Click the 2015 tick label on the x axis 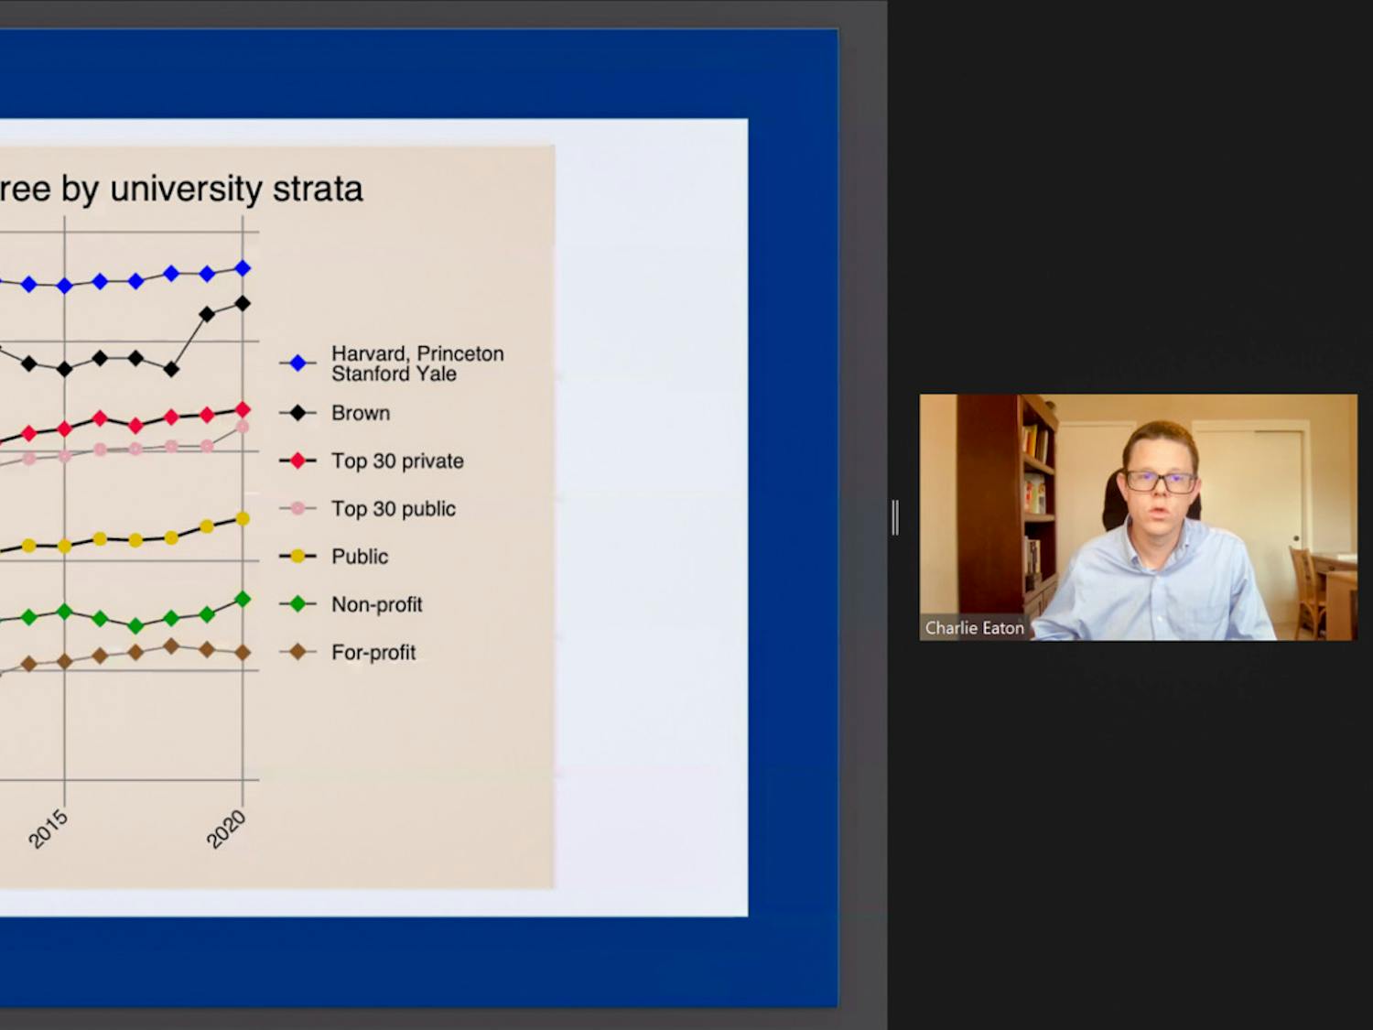click(49, 829)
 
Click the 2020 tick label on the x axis click(226, 829)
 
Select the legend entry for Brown click(361, 413)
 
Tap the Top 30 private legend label click(397, 461)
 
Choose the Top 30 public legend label click(394, 508)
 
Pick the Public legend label click(360, 556)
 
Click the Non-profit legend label click(376, 604)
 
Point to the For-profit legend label click(373, 652)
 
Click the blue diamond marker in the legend click(298, 363)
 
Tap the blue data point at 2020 click(243, 268)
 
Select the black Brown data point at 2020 click(243, 304)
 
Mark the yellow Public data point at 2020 click(243, 518)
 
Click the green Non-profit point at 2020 click(243, 599)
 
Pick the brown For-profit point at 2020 click(243, 652)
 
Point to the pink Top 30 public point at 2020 click(243, 428)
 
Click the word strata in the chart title click(318, 189)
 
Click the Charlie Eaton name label click(975, 628)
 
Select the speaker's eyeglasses click(1162, 482)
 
